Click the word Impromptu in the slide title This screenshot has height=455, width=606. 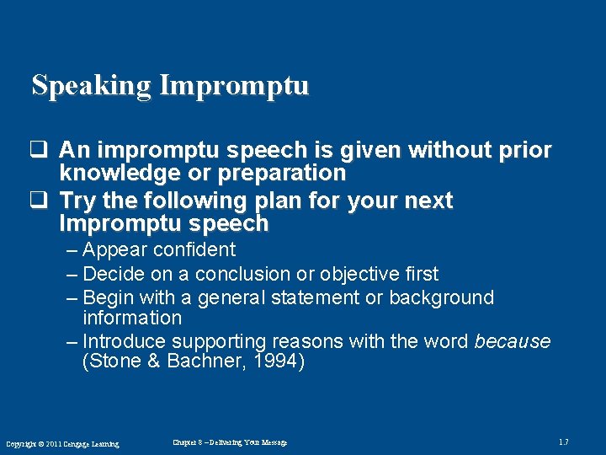[234, 86]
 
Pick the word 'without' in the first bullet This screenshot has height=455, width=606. [460, 151]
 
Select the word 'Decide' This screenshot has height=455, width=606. [114, 274]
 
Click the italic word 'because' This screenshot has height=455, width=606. [512, 341]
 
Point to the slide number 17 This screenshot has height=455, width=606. [563, 442]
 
